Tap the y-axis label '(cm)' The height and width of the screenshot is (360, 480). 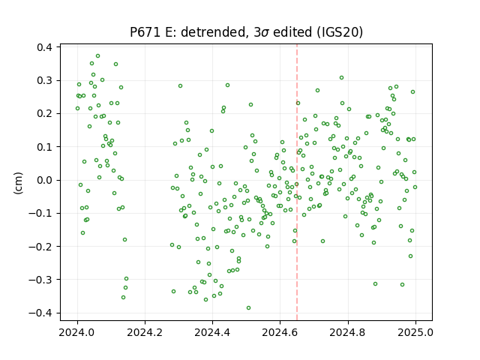click(18, 183)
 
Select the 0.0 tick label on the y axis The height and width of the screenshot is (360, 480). click(44, 180)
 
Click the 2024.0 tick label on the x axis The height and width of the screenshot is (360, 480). click(77, 332)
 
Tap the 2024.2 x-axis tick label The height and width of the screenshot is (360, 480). click(145, 332)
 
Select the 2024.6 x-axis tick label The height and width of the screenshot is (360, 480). click(280, 332)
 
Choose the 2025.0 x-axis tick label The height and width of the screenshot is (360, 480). click(415, 332)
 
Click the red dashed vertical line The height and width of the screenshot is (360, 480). click(297, 182)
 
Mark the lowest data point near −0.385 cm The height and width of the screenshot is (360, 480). click(248, 307)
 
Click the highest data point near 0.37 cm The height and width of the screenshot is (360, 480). click(98, 56)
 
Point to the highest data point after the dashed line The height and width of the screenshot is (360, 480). click(342, 78)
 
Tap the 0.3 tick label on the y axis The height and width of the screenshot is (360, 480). click(44, 80)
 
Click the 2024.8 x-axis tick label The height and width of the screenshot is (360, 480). click(348, 332)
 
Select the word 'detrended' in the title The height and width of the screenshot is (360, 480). click(214, 32)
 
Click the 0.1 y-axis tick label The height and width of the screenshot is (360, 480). click(44, 147)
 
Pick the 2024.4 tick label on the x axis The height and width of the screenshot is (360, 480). click(212, 332)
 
